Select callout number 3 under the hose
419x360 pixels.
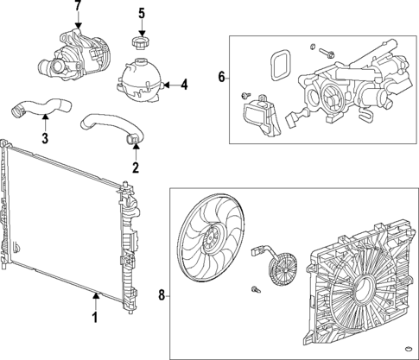click(x=45, y=137)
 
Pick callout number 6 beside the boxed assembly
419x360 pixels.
click(x=221, y=78)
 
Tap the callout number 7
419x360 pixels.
click(x=77, y=7)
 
